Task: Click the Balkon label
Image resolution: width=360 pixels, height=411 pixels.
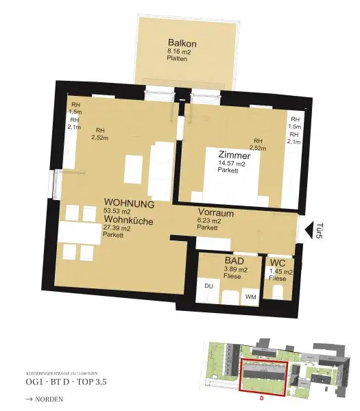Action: pos(180,42)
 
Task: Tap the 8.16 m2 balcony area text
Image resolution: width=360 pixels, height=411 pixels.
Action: pos(180,51)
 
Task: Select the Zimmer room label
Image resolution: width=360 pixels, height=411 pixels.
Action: pos(235,155)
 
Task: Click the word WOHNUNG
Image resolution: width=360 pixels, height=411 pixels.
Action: pos(129,204)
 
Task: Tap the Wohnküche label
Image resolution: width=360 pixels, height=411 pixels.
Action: pos(128,221)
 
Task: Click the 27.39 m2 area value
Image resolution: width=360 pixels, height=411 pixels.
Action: pos(117,228)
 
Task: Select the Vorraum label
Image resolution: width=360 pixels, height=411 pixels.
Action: pos(216,212)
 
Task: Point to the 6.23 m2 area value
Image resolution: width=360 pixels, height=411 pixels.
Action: pos(210,221)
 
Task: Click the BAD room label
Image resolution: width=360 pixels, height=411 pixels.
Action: pos(234,261)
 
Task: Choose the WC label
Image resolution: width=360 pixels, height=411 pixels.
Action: pos(278,263)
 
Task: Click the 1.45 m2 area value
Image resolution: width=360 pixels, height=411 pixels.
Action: pos(280,272)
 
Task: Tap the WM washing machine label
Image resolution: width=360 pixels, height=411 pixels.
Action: pos(250,297)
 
